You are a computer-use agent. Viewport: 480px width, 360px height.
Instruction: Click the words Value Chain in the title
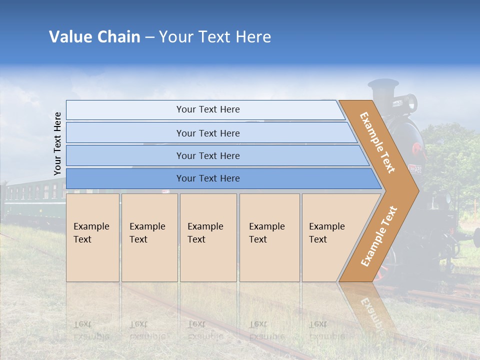tap(94, 37)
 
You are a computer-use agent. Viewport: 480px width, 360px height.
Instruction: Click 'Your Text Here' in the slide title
tap(215, 37)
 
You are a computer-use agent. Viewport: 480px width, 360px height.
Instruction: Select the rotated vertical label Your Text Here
tap(57, 144)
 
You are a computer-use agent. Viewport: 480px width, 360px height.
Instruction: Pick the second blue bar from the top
tap(208, 133)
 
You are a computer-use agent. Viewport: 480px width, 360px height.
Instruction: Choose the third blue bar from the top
tap(208, 155)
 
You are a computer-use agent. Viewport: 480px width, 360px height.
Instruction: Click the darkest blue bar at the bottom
tap(208, 178)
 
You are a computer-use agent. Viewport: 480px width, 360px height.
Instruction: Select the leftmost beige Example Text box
tap(92, 237)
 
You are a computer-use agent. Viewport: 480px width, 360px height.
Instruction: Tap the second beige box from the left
tap(149, 237)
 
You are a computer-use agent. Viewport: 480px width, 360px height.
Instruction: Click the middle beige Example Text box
tap(208, 237)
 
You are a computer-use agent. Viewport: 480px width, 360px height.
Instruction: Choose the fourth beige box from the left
tap(269, 237)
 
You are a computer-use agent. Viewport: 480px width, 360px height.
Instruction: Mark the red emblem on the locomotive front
tap(415, 148)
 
